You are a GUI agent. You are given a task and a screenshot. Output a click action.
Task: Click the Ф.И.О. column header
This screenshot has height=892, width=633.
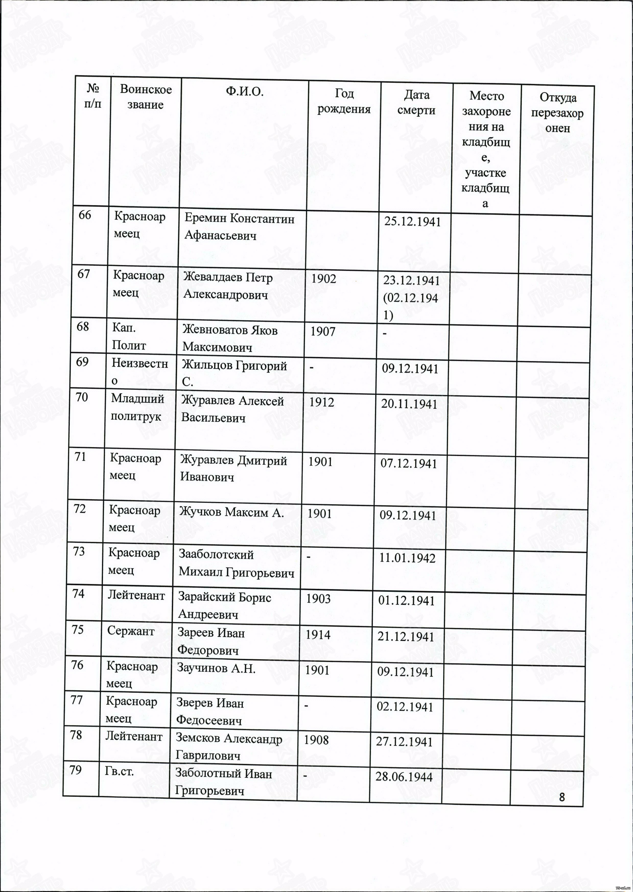coord(244,92)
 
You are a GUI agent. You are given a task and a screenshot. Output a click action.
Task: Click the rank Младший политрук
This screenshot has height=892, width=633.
coord(137,408)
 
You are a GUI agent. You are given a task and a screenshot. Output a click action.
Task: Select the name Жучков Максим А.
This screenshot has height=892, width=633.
coord(231,512)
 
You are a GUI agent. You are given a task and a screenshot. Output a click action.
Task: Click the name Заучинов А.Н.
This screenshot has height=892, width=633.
coord(216,668)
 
